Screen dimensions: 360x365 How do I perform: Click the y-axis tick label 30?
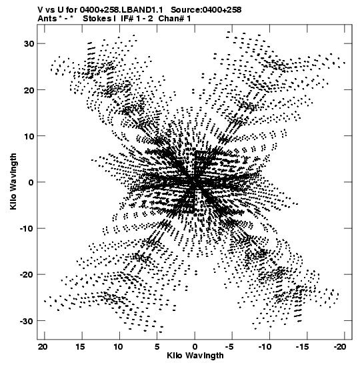pyautogui.click(x=29, y=43)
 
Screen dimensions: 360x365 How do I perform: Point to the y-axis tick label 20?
pyautogui.click(x=29, y=90)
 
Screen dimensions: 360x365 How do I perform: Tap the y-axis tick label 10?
pyautogui.click(x=29, y=136)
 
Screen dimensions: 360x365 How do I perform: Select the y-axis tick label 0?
pyautogui.click(x=31, y=182)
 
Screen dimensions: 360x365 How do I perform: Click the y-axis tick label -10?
pyautogui.click(x=27, y=228)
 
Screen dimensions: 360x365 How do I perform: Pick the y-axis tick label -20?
pyautogui.click(x=27, y=275)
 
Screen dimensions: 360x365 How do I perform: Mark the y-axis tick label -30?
pyautogui.click(x=27, y=321)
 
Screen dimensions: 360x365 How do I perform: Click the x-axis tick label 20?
pyautogui.click(x=43, y=347)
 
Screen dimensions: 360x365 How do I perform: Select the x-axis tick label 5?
pyautogui.click(x=157, y=347)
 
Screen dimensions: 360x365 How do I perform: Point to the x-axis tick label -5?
pyautogui.click(x=230, y=347)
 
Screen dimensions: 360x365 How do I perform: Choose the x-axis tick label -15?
pyautogui.click(x=302, y=347)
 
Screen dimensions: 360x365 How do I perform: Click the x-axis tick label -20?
pyautogui.click(x=340, y=347)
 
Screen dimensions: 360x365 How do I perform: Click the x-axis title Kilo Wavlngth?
pyautogui.click(x=195, y=356)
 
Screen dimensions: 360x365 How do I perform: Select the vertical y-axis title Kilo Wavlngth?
pyautogui.click(x=13, y=181)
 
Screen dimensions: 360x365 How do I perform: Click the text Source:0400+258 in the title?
pyautogui.click(x=206, y=10)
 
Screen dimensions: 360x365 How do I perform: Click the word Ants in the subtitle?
pyautogui.click(x=47, y=19)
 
